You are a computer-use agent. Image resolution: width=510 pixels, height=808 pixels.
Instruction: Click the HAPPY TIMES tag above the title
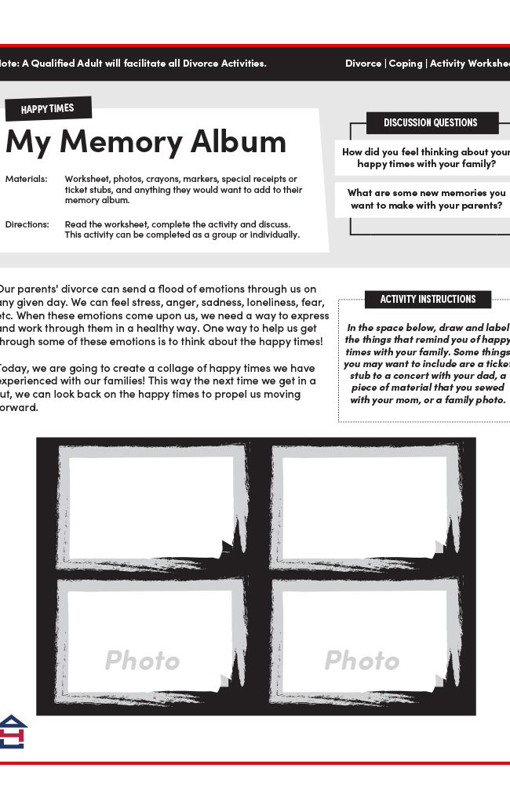coord(47,109)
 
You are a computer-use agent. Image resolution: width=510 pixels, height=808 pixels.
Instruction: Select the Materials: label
coord(26,179)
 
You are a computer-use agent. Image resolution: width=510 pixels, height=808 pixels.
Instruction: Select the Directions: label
coord(27,224)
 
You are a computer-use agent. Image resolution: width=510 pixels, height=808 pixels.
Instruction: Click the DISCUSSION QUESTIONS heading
coord(430,123)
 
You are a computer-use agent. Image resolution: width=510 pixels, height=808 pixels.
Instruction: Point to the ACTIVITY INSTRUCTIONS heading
coord(428,299)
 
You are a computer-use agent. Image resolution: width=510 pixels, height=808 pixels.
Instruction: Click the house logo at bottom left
coord(13,731)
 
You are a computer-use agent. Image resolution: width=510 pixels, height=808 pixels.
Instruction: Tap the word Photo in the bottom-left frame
coord(142,661)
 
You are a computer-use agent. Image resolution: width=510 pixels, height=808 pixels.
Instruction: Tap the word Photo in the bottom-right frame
coord(362,661)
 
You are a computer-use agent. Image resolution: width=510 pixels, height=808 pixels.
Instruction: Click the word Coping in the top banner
coord(405,64)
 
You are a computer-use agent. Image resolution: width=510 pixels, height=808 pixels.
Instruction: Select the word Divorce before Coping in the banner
coord(363,64)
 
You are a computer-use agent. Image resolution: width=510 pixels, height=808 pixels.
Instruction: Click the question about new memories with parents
coord(426,199)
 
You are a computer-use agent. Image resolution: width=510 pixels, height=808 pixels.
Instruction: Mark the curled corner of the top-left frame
coord(227,549)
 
